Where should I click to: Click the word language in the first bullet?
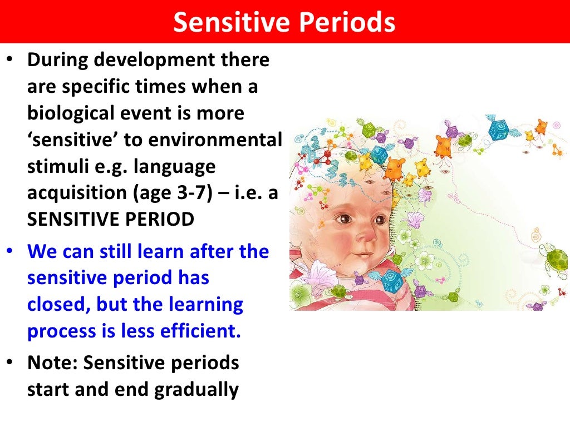click(x=175, y=166)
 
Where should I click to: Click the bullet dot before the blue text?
click(x=11, y=252)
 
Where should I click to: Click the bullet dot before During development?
click(x=11, y=60)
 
